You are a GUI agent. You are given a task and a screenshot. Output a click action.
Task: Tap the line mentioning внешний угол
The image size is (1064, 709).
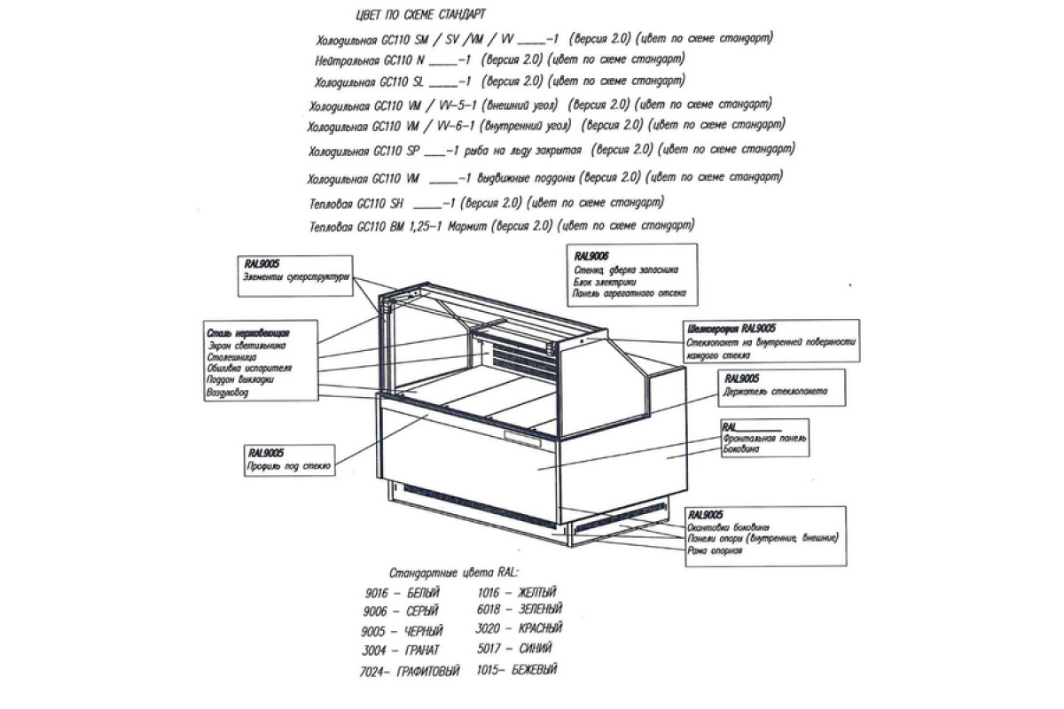click(540, 105)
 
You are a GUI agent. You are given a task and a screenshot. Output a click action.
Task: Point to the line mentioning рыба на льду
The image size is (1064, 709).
click(551, 148)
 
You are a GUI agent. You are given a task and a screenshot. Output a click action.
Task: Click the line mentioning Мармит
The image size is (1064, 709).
click(502, 225)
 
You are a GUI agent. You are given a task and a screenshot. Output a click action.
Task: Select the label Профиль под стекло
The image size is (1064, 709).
click(289, 464)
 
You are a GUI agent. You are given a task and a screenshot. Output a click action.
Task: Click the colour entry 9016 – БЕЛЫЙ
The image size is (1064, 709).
click(401, 592)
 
